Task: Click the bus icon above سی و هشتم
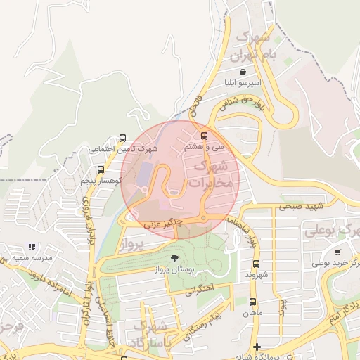[x=205, y=136]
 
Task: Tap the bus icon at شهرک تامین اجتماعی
[x=124, y=138]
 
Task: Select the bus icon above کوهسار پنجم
[x=101, y=169]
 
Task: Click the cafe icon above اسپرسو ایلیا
[x=242, y=72]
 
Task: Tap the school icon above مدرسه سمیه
[x=31, y=247]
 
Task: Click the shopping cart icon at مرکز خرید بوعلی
[x=338, y=252]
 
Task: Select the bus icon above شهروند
[x=256, y=264]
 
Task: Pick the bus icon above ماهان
[x=252, y=301]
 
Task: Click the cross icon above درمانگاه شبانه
[x=257, y=347]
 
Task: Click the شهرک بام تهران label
[x=256, y=45]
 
